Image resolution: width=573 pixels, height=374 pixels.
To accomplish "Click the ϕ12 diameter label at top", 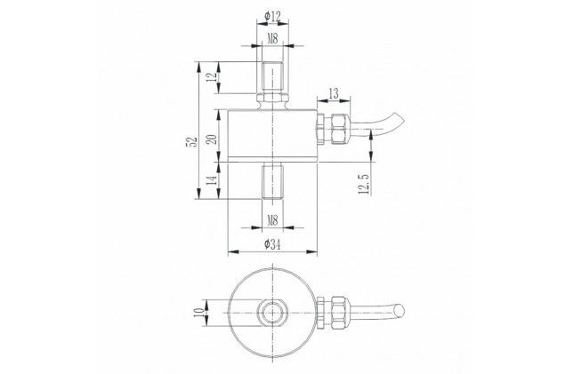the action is [272, 16].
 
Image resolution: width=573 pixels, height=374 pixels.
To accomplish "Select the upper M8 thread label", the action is [272, 38].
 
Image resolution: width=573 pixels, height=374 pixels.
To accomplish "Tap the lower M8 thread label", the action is [272, 220].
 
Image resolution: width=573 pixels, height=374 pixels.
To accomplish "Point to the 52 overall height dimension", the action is [192, 141].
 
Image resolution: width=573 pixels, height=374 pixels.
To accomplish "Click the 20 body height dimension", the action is [213, 139].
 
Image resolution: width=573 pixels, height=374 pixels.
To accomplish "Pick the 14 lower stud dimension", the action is [213, 179].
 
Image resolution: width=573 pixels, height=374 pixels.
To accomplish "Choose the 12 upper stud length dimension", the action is [213, 77].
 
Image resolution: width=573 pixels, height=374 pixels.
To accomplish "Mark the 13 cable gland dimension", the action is [334, 93].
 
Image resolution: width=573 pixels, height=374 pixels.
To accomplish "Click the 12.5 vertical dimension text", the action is [364, 184].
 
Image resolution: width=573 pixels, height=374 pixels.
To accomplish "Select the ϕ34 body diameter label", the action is [272, 244].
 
